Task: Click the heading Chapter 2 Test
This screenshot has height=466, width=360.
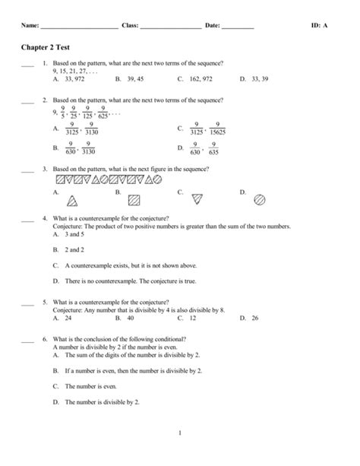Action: point(45,46)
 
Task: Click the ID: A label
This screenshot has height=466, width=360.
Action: point(320,25)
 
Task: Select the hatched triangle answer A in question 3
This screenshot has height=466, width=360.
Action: point(73,201)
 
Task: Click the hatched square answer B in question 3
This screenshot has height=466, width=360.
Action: point(134,201)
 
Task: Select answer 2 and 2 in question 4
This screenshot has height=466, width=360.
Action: point(75,249)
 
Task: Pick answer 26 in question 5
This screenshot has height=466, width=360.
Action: point(255,319)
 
